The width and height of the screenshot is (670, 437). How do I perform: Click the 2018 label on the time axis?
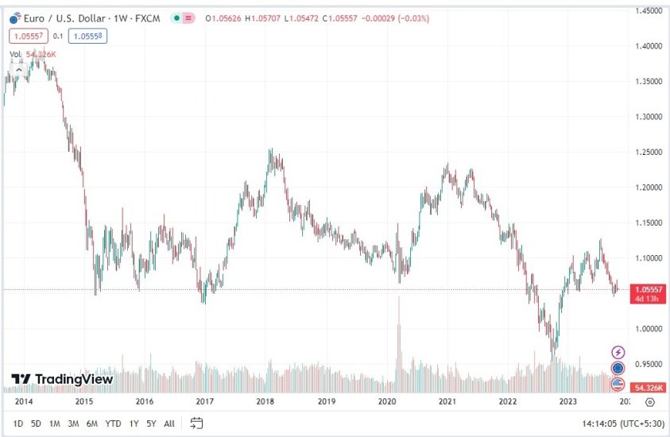[x=265, y=402]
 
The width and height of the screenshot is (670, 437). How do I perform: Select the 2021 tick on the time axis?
[x=447, y=402]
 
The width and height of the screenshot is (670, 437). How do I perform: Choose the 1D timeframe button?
[x=18, y=423]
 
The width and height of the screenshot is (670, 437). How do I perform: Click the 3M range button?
[x=73, y=423]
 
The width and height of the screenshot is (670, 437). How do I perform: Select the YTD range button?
[x=113, y=423]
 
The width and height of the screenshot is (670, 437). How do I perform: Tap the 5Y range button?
[x=151, y=423]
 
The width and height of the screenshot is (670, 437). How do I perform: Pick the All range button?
[x=169, y=423]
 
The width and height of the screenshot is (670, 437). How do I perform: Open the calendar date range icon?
[x=197, y=423]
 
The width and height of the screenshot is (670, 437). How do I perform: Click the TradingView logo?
[x=61, y=379]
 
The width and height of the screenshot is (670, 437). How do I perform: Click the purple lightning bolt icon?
[x=618, y=352]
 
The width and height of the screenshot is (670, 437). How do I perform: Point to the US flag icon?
[x=618, y=384]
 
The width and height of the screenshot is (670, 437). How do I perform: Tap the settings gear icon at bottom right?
[x=650, y=403]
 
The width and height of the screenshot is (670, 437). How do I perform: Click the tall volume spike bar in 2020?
[x=399, y=342]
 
